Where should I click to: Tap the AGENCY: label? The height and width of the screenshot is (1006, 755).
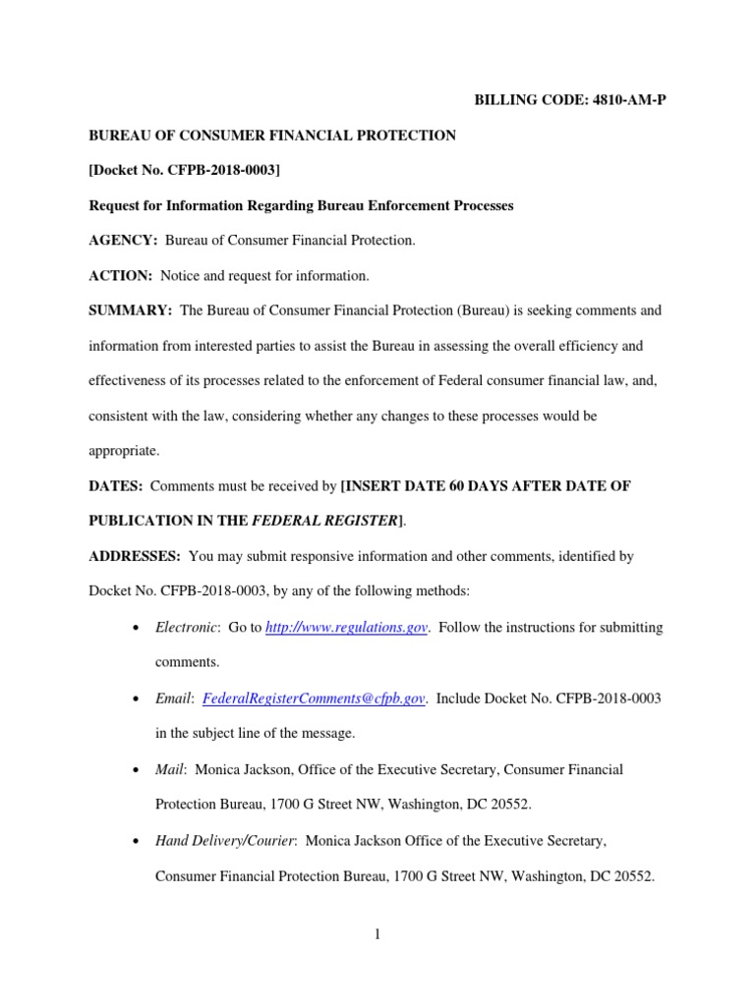[123, 241]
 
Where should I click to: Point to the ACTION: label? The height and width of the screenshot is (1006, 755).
[121, 276]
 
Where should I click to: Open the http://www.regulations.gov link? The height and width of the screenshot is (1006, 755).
[347, 628]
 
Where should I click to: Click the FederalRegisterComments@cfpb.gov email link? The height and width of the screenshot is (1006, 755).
[314, 699]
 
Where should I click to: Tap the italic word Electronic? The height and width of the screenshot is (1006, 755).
[187, 628]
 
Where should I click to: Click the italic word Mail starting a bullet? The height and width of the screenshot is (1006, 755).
[171, 769]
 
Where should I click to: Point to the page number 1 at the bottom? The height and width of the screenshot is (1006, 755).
[377, 934]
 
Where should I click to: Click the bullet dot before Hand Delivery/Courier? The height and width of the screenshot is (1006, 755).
[134, 841]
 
